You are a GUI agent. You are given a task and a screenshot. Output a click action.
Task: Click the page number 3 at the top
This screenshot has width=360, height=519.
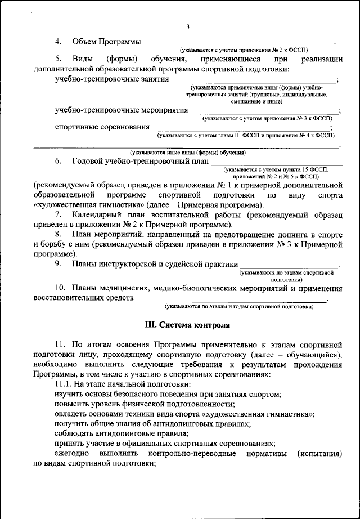[x=188, y=26]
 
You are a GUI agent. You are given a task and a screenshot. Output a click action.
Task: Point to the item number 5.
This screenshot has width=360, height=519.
[x=58, y=59]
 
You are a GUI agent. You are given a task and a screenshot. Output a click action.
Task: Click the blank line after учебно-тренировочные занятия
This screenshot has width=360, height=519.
[x=253, y=81]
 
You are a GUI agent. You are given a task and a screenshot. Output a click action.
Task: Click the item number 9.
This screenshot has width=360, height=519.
[x=58, y=263]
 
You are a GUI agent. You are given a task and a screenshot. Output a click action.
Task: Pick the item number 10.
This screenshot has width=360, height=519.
[x=60, y=289]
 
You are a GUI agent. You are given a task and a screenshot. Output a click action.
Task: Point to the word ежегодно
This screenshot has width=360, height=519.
[x=71, y=454]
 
